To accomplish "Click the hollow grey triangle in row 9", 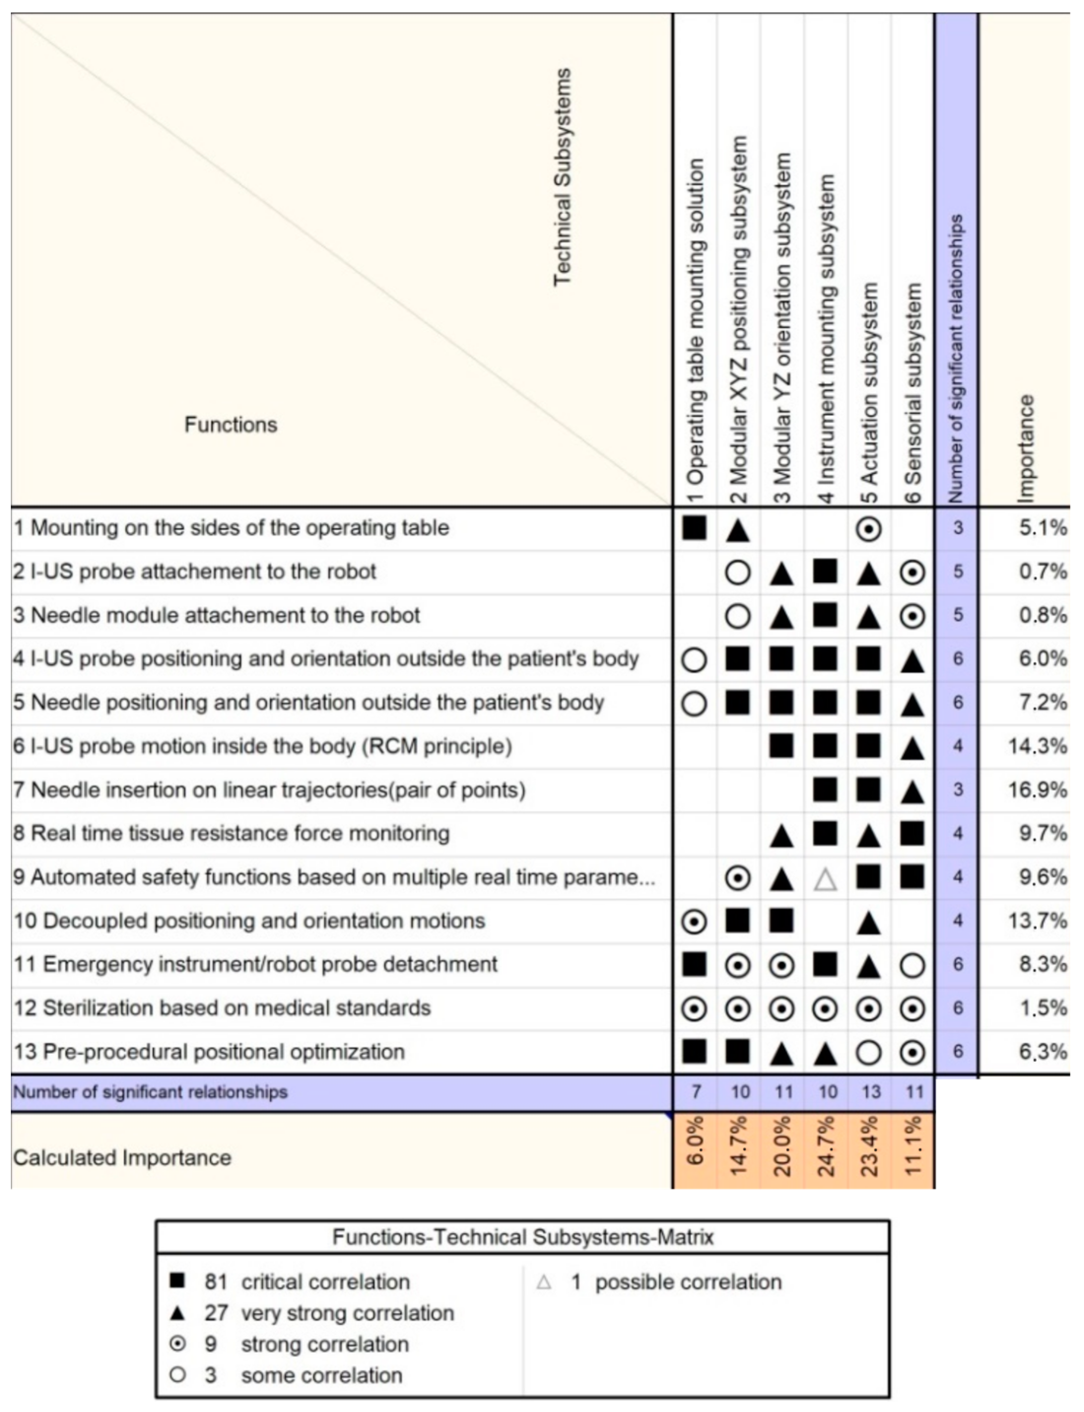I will (825, 878).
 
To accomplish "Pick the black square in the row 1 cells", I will (694, 528).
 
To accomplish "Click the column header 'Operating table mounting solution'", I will (695, 329).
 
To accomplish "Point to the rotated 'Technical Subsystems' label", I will (562, 177).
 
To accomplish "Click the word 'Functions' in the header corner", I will (230, 425).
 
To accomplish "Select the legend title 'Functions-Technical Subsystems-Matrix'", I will (523, 1237).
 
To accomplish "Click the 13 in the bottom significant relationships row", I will (870, 1092).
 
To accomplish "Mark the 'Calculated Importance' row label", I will (122, 1158).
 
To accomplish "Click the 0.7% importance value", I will (1042, 572).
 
